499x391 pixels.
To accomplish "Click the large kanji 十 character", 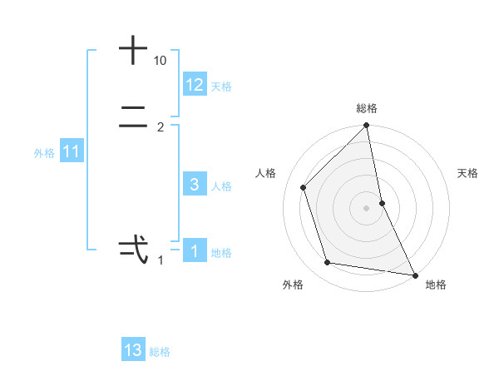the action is point(133,51).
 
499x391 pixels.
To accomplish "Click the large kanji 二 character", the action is point(133,120).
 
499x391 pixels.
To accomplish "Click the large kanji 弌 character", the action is point(133,247).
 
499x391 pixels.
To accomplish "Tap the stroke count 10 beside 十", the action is point(161,62).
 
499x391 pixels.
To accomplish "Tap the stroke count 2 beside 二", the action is point(161,127).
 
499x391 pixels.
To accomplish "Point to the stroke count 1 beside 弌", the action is point(161,260).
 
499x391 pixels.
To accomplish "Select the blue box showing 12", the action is point(195,85).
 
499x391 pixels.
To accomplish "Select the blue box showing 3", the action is point(195,185).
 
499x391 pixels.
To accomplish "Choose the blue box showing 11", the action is point(72,152).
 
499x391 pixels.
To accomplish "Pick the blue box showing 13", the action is point(133,350).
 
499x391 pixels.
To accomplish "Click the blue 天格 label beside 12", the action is point(221,87).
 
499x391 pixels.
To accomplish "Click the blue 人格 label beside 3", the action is point(221,186).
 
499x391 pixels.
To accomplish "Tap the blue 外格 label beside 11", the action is point(44,153).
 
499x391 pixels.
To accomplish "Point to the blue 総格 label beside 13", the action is point(160,352).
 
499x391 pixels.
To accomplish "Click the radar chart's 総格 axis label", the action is point(367,108).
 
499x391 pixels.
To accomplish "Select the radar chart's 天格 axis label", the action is point(468,173).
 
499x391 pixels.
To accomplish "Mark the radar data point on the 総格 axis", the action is point(367,126).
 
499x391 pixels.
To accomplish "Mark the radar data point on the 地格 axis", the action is point(414,275).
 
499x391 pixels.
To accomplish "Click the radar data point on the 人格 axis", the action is point(304,187).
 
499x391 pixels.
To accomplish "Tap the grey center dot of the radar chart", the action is point(367,208).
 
